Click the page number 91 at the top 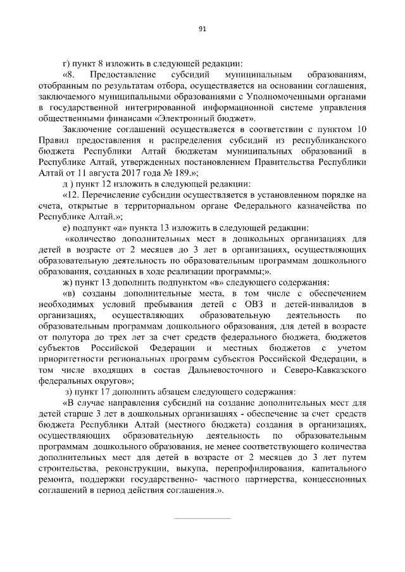202,28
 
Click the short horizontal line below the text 202,518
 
